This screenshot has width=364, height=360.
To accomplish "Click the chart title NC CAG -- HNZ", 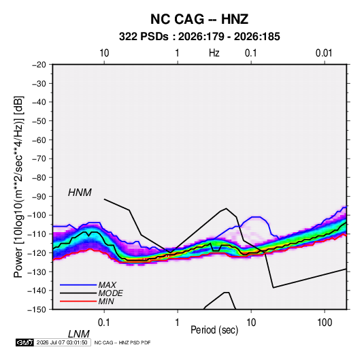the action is (199, 19).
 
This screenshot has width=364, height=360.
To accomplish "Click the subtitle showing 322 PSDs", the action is (199, 37).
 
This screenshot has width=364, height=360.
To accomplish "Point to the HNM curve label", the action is (80, 193).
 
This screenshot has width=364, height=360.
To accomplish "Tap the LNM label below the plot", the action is (78, 334).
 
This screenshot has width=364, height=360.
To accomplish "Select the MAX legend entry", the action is (107, 284).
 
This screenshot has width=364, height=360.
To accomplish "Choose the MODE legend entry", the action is (110, 293).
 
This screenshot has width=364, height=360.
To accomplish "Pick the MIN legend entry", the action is (106, 301).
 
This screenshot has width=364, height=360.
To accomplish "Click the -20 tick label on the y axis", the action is (39, 65).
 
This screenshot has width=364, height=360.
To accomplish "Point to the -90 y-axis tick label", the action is (39, 197).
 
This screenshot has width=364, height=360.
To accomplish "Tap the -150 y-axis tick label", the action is (37, 310).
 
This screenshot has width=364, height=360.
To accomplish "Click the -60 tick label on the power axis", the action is (39, 140).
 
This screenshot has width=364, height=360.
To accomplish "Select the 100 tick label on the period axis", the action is (325, 322).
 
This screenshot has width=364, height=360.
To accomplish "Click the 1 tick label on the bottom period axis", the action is (178, 322).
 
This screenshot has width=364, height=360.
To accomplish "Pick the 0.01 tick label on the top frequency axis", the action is (324, 53).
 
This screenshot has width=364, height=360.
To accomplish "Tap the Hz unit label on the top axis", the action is (214, 53).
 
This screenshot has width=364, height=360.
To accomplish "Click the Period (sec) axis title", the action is (214, 330).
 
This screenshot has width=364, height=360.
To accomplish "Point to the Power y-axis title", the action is (18, 187).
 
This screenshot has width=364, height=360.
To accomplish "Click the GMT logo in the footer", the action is (24, 342).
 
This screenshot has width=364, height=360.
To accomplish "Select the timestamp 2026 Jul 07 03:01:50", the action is (62, 342).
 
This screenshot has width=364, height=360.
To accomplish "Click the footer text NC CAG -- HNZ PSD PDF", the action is (122, 342).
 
